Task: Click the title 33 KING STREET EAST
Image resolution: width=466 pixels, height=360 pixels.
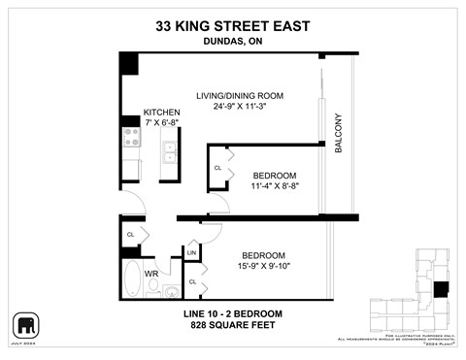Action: (x=233, y=26)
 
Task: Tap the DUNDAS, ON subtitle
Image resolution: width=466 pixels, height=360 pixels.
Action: (x=233, y=42)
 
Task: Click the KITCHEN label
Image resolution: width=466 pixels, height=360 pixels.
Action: (x=161, y=113)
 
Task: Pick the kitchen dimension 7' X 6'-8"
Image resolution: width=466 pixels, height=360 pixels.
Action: (x=161, y=124)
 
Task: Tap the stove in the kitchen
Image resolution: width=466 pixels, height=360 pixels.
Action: (x=132, y=139)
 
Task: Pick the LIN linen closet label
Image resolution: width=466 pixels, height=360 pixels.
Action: (x=191, y=253)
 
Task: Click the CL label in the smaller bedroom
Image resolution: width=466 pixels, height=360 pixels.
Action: (x=218, y=168)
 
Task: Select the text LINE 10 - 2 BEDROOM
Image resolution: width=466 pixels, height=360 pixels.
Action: (x=233, y=313)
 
